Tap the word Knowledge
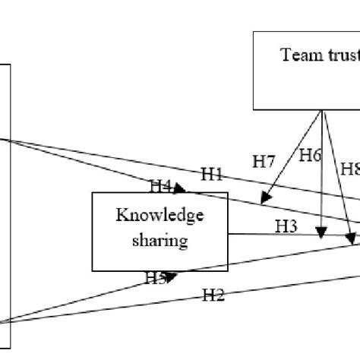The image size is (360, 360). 159,215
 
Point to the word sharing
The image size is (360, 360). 159,241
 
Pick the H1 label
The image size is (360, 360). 211,174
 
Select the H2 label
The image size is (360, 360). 213,295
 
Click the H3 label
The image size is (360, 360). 286,226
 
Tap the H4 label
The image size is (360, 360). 161,185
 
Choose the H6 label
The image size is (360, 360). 309,156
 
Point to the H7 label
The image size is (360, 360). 264,160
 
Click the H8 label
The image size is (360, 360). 349,169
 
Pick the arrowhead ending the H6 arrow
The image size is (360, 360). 324,232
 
